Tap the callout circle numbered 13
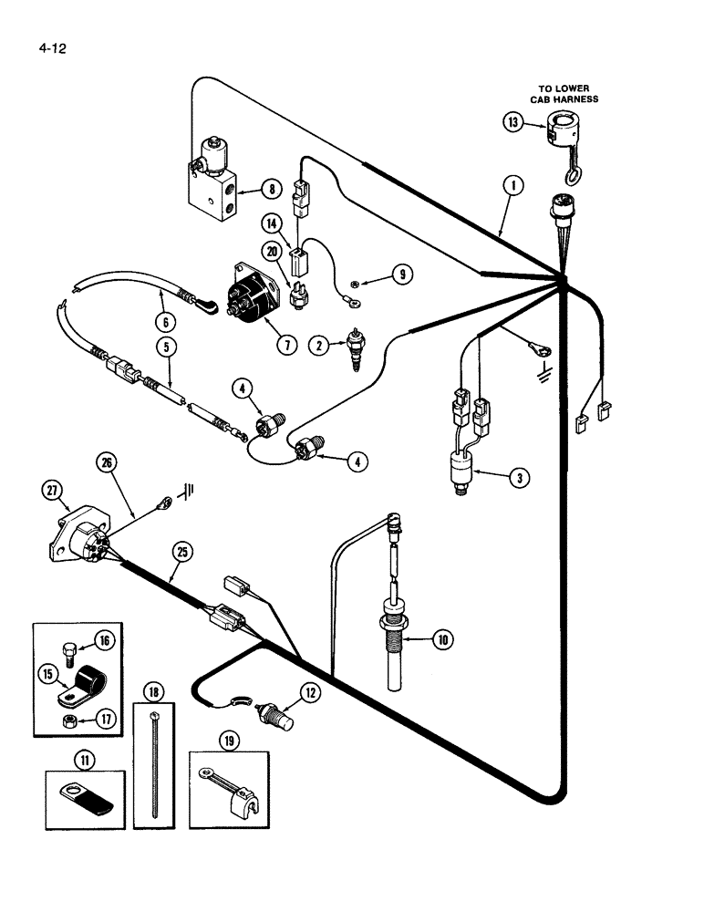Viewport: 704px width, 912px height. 513,120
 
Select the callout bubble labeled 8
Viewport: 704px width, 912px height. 271,190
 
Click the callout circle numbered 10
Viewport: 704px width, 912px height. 441,640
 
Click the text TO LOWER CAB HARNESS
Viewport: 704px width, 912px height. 564,94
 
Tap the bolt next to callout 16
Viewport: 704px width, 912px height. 67,653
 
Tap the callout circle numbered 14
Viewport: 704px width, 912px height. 272,223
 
